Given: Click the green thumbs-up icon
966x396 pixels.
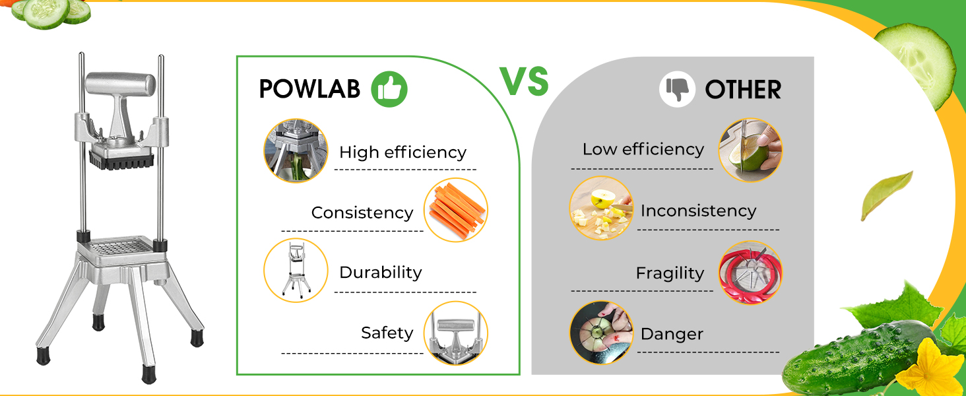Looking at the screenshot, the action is [389, 89].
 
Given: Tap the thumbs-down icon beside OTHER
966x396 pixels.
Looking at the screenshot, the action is [677, 89].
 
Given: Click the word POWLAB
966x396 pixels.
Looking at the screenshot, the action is [309, 89].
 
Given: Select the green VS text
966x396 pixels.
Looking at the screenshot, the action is [525, 81].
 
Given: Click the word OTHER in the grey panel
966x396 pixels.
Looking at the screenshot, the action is [743, 90].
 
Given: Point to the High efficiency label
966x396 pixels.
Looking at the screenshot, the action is [402, 152].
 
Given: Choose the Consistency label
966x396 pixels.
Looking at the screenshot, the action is [362, 213].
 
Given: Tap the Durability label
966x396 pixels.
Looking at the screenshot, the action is [380, 273].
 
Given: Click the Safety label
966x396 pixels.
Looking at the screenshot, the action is [387, 333].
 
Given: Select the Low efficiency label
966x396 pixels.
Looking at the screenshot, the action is [643, 149].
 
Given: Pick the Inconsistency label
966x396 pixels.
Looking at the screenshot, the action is [698, 211].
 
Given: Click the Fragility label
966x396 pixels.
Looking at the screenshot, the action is [670, 273].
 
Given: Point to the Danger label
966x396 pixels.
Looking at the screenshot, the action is [672, 334].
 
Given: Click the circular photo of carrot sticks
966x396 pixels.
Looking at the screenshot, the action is [456, 210].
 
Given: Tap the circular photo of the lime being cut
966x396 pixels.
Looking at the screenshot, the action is [750, 150].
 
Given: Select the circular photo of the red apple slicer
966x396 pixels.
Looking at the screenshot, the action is [750, 273].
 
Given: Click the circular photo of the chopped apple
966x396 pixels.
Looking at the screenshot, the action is [601, 209].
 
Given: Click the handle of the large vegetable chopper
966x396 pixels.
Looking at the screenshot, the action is [120, 84].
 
